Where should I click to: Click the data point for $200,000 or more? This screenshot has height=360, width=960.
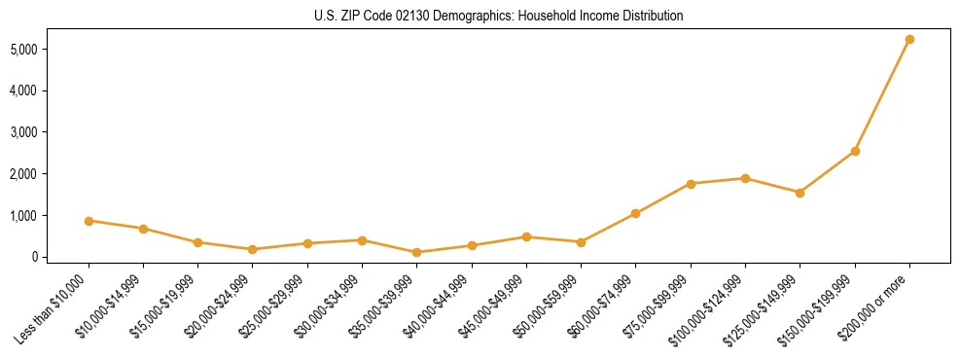[x=909, y=40]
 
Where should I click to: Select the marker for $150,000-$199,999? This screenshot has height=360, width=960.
[x=855, y=151]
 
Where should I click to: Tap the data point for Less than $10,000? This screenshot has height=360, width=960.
[x=89, y=221]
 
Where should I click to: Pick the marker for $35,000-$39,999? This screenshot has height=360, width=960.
[x=417, y=252]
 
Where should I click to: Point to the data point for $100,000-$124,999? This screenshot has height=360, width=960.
[x=745, y=178]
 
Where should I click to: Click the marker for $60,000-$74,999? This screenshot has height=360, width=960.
[x=636, y=213]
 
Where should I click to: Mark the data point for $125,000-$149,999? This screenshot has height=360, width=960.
[x=800, y=193]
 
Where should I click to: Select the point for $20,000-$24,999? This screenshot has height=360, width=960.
[x=253, y=249]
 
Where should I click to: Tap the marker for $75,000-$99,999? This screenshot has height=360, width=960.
[x=691, y=184]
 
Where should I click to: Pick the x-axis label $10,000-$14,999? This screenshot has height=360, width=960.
[x=109, y=305]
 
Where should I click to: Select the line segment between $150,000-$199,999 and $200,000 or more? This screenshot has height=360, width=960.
[x=882, y=95]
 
